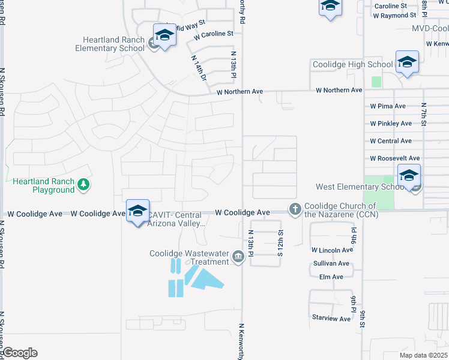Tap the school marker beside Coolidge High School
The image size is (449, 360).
click(407, 62)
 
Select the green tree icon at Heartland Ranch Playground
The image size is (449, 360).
click(83, 185)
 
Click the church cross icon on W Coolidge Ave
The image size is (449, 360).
click(295, 209)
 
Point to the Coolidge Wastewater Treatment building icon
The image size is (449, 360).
click(238, 258)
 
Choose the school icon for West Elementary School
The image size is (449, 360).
click(409, 176)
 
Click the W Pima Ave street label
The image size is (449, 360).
click(388, 106)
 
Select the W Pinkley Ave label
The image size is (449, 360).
click(391, 124)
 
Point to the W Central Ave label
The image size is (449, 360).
click(391, 141)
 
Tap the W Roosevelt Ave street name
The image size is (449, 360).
click(394, 158)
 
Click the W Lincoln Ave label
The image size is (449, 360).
click(332, 250)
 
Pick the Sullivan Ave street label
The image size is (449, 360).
click(331, 263)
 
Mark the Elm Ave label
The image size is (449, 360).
click(331, 277)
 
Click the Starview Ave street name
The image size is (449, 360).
click(331, 319)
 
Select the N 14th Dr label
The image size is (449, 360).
click(199, 69)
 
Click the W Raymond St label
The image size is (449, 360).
click(394, 16)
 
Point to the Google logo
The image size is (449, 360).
click(20, 353)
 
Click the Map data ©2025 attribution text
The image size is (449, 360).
click(423, 355)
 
